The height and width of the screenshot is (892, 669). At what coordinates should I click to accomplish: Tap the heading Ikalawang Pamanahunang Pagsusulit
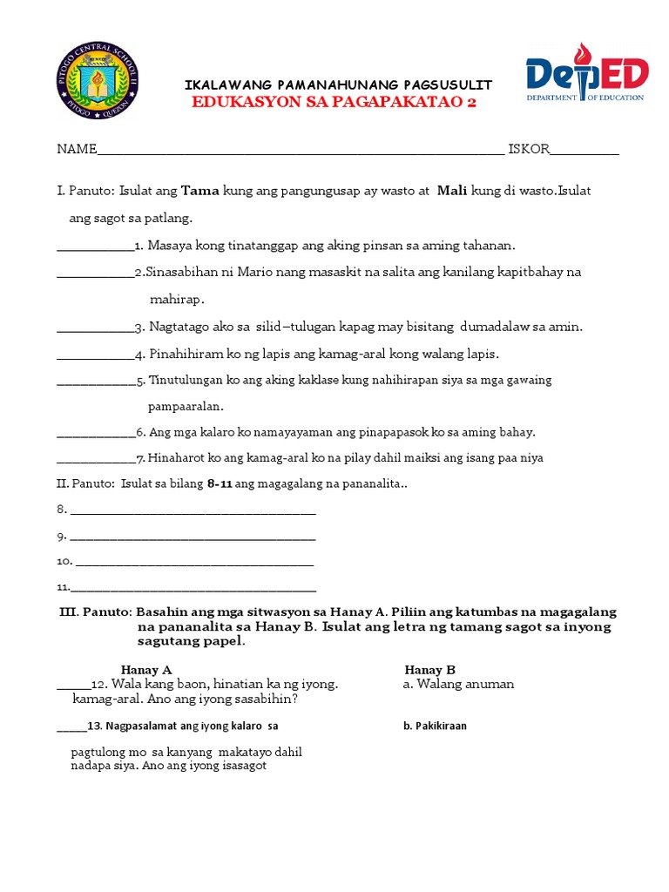(339, 84)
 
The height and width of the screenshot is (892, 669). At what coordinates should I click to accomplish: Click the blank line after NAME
(300, 150)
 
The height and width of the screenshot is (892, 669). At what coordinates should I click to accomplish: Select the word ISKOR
(529, 149)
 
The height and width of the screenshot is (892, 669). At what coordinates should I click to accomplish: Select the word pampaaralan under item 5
(186, 406)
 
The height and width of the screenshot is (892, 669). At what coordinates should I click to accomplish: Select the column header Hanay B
(430, 670)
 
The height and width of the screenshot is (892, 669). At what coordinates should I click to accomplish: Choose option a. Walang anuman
(459, 684)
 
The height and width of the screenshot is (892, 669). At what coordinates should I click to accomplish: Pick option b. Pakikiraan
(435, 725)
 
